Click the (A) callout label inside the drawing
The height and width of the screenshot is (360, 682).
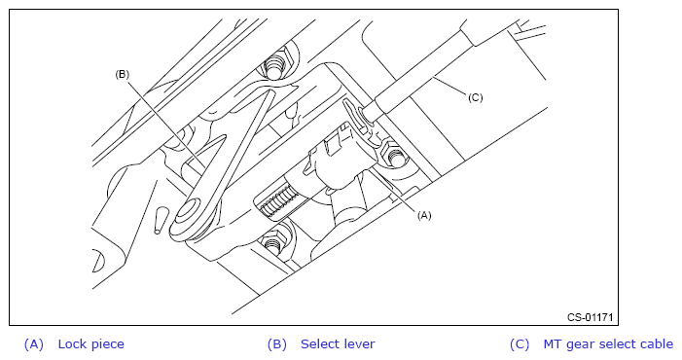424,215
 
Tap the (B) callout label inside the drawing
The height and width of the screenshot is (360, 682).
122,74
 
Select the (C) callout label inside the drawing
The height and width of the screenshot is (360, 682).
476,97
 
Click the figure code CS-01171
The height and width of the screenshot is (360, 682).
590,317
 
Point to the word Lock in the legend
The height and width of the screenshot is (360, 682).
71,343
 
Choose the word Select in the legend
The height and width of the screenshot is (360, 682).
319,343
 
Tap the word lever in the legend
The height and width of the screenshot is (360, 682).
358,343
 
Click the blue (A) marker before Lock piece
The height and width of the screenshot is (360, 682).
34,344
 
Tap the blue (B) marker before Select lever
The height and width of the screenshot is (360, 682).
277,344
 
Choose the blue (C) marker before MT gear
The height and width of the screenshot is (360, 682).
520,344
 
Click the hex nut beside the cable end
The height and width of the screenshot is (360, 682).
394,156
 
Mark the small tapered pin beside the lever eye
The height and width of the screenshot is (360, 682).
160,221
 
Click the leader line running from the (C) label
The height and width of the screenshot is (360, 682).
450,86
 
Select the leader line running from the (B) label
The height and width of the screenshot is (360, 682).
165,123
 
